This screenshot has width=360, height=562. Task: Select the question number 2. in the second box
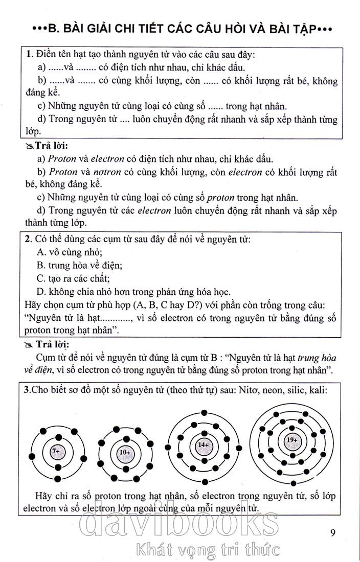tap(30, 239)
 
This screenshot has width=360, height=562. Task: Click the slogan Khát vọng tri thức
tap(206, 550)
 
